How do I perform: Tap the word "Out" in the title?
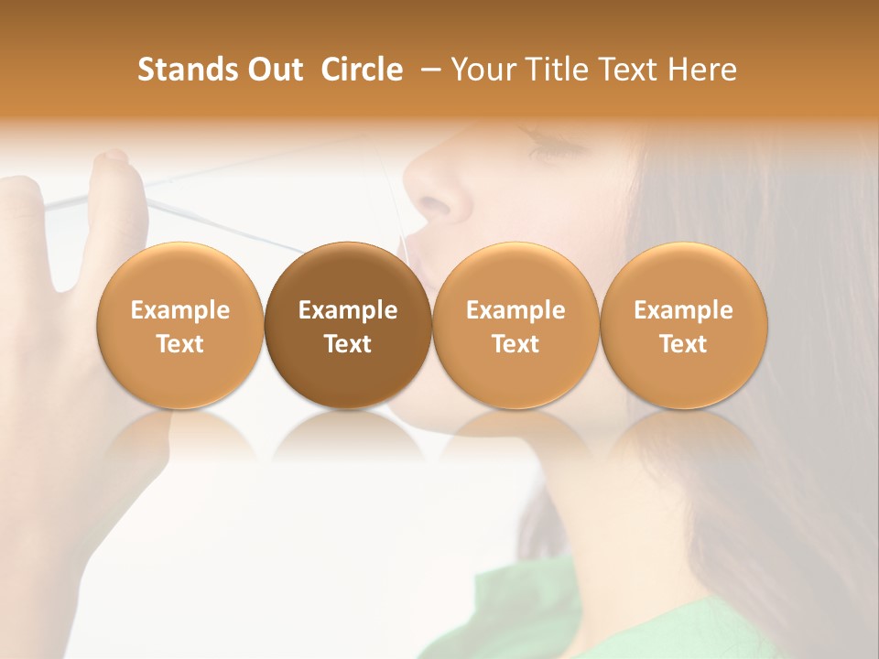272,70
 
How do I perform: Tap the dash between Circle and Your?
430,70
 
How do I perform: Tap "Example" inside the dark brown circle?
348,310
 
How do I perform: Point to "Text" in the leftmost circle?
179,344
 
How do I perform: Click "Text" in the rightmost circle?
684,344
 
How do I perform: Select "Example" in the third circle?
515,310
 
